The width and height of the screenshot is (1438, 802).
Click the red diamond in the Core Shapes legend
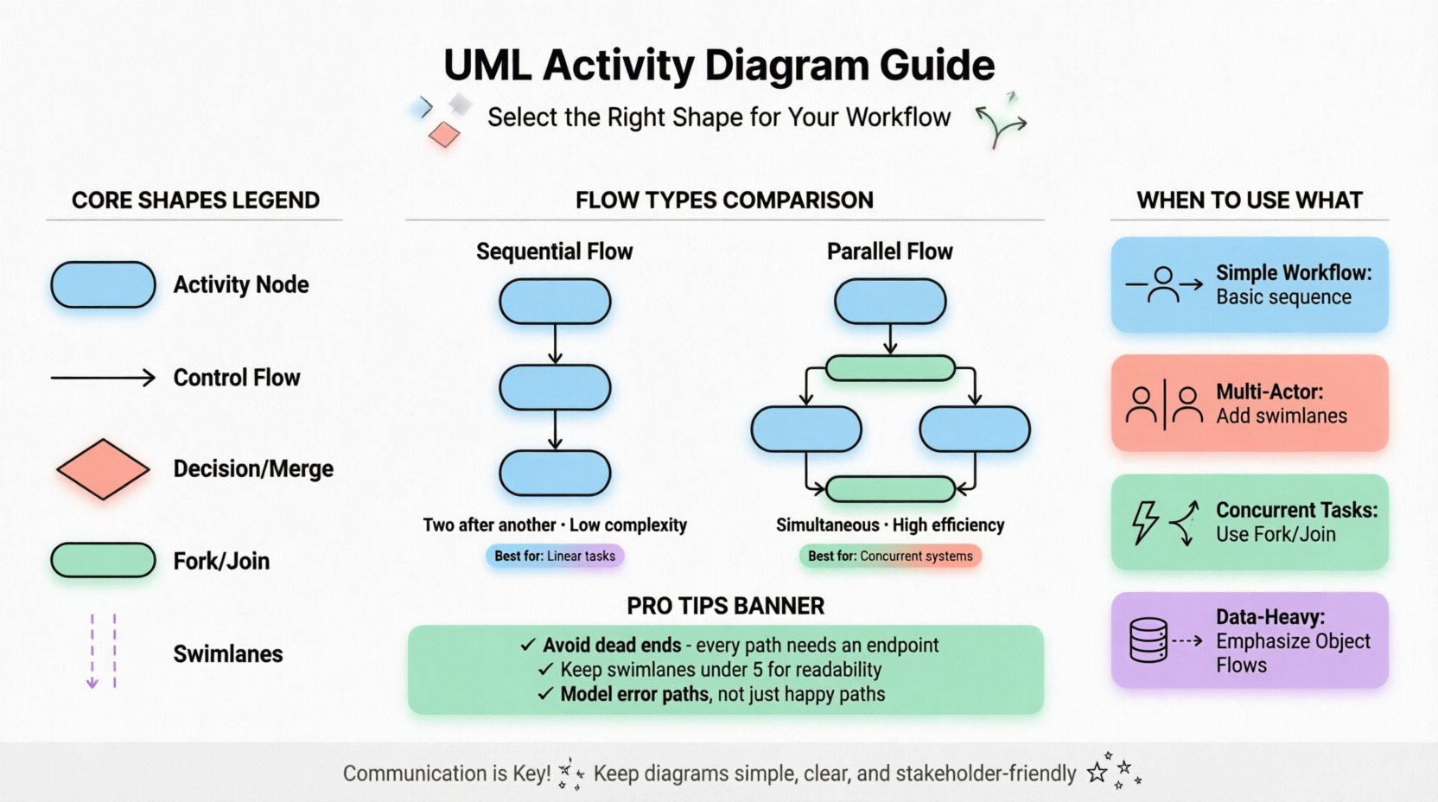tap(103, 469)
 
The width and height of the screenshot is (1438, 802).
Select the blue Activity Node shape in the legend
tap(103, 285)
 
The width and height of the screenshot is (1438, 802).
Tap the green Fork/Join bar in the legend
tap(103, 561)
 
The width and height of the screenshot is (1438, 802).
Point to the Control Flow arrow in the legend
tap(103, 378)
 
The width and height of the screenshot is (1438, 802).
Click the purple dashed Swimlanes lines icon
tap(103, 651)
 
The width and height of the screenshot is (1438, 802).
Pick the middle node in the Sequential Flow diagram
tap(555, 386)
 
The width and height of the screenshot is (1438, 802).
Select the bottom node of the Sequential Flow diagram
tap(555, 473)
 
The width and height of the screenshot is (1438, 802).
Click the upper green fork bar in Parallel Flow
tap(890, 369)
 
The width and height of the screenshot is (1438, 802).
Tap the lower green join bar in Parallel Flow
tap(890, 489)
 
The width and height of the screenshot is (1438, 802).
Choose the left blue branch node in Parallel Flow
tap(806, 430)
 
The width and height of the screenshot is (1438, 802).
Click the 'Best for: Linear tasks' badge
tap(555, 556)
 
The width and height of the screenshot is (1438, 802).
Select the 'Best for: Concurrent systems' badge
tap(890, 556)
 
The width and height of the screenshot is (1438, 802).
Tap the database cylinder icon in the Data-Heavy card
tap(1148, 640)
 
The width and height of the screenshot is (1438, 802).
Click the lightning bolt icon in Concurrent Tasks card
tap(1145, 522)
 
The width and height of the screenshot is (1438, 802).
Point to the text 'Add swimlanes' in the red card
tap(1282, 416)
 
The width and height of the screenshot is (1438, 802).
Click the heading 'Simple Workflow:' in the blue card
tap(1294, 273)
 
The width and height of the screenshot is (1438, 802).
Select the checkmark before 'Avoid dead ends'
tap(528, 645)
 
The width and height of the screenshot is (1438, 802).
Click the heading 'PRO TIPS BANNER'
tap(725, 606)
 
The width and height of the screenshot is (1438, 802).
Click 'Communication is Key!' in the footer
tap(446, 773)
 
